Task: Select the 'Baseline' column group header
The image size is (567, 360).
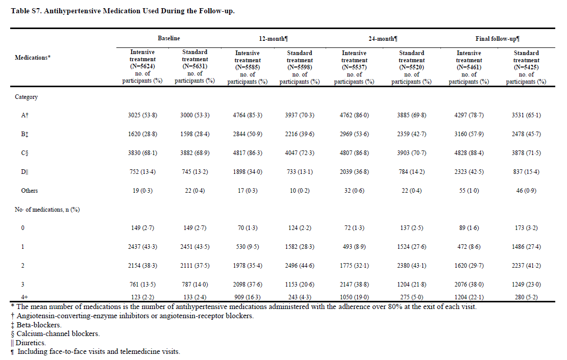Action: [x=168, y=39]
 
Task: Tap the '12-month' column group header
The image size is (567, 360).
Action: [x=274, y=39]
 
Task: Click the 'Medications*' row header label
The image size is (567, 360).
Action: [x=33, y=58]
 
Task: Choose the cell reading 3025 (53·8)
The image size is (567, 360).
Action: [x=142, y=115]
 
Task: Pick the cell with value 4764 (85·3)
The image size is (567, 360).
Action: [x=247, y=115]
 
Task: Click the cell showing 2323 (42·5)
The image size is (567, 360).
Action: [x=469, y=172]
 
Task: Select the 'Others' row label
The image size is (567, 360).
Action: [x=30, y=191]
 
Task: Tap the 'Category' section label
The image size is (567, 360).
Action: [x=26, y=97]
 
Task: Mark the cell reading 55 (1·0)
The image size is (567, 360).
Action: [x=469, y=191]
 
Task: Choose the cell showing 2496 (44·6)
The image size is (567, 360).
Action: [x=300, y=266]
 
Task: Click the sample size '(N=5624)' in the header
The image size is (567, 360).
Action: [x=142, y=66]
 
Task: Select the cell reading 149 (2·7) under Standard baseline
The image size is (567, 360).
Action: [x=194, y=228]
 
